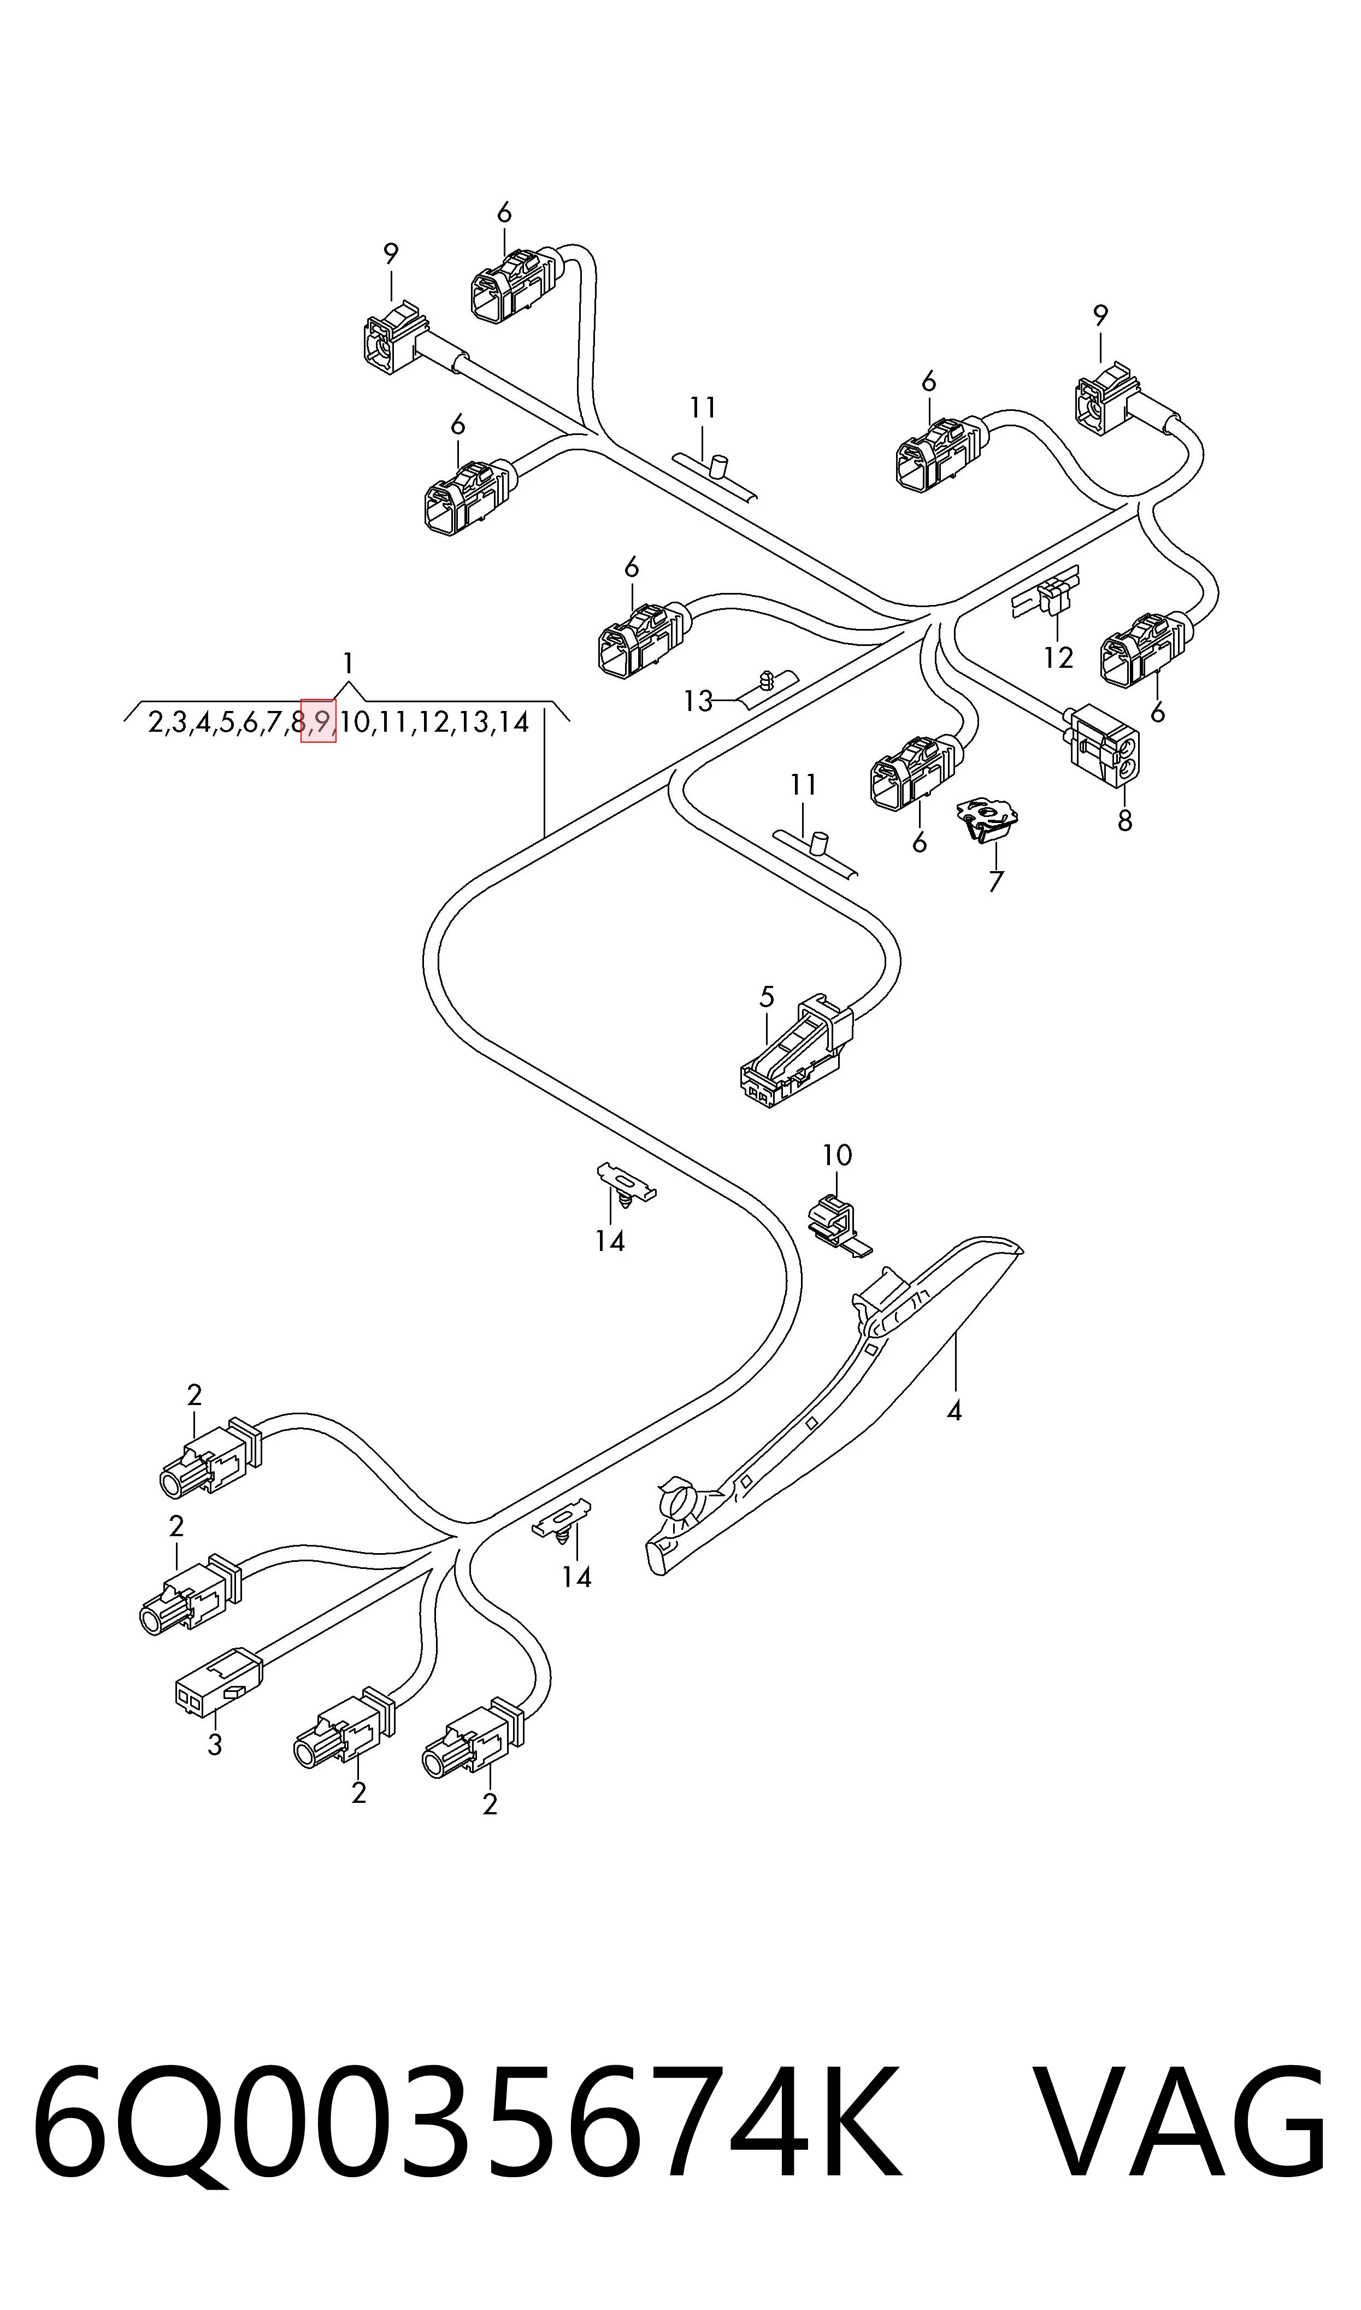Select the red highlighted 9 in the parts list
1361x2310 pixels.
[319, 722]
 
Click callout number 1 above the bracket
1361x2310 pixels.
[347, 663]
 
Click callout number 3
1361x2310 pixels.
[215, 1744]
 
